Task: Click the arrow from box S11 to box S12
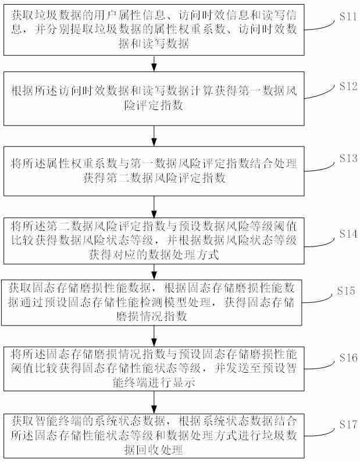tap(154, 62)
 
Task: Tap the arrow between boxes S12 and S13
tap(154, 134)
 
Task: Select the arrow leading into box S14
tap(154, 206)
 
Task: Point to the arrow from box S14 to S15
tap(154, 272)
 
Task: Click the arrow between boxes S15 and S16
tap(154, 335)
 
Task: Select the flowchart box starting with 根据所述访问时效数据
tap(154, 97)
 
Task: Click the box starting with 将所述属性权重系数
tap(154, 171)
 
